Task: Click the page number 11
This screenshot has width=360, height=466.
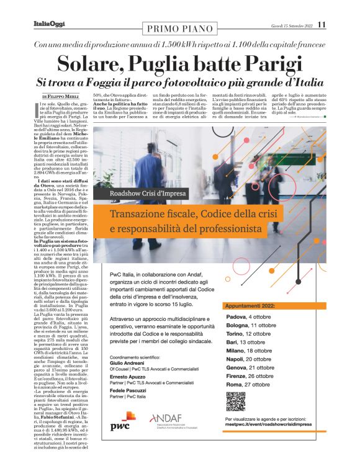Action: (322, 24)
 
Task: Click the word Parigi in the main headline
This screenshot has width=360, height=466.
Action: (271, 65)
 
